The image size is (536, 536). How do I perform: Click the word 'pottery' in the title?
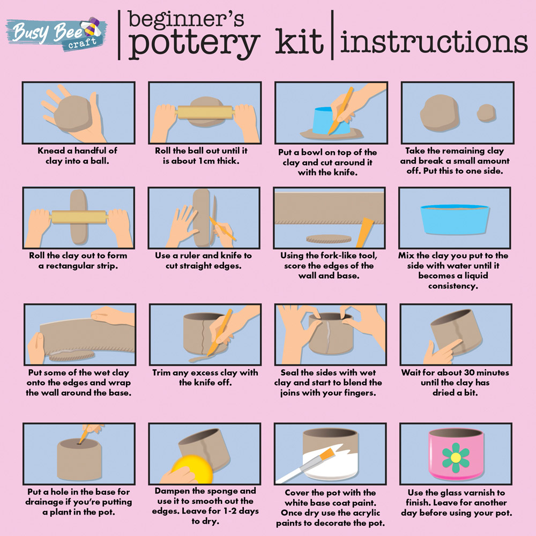pyautogui.click(x=194, y=43)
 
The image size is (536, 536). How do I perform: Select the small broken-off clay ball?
pyautogui.click(x=486, y=113)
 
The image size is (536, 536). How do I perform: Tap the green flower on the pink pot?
pyautogui.click(x=456, y=457)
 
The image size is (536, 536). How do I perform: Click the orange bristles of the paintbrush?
pyautogui.click(x=327, y=454)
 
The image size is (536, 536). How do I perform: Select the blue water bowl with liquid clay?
pyautogui.click(x=455, y=219)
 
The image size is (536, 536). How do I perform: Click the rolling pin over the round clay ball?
pyautogui.click(x=205, y=112)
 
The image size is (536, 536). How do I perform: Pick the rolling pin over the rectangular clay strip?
pyautogui.click(x=79, y=217)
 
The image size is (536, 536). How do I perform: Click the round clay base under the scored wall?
pyautogui.click(x=329, y=239)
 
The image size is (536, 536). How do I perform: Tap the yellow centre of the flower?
pyautogui.click(x=456, y=457)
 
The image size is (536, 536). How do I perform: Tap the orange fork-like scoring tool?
pyautogui.click(x=364, y=232)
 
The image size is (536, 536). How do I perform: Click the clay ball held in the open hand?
pyautogui.click(x=72, y=113)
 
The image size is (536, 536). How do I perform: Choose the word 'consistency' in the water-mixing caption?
pyautogui.click(x=453, y=286)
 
